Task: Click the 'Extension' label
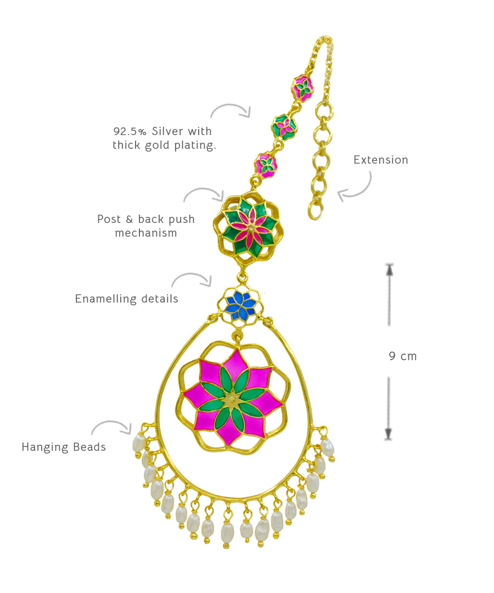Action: point(380,160)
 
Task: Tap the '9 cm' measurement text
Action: point(403,356)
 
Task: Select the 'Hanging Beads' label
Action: point(64,447)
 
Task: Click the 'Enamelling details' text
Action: point(126,299)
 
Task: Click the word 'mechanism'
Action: point(146,233)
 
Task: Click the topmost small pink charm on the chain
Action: point(302,87)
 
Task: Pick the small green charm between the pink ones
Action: point(284,127)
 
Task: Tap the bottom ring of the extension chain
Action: point(315,210)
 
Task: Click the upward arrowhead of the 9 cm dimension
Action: point(389,268)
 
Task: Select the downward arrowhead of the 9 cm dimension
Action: point(389,434)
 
